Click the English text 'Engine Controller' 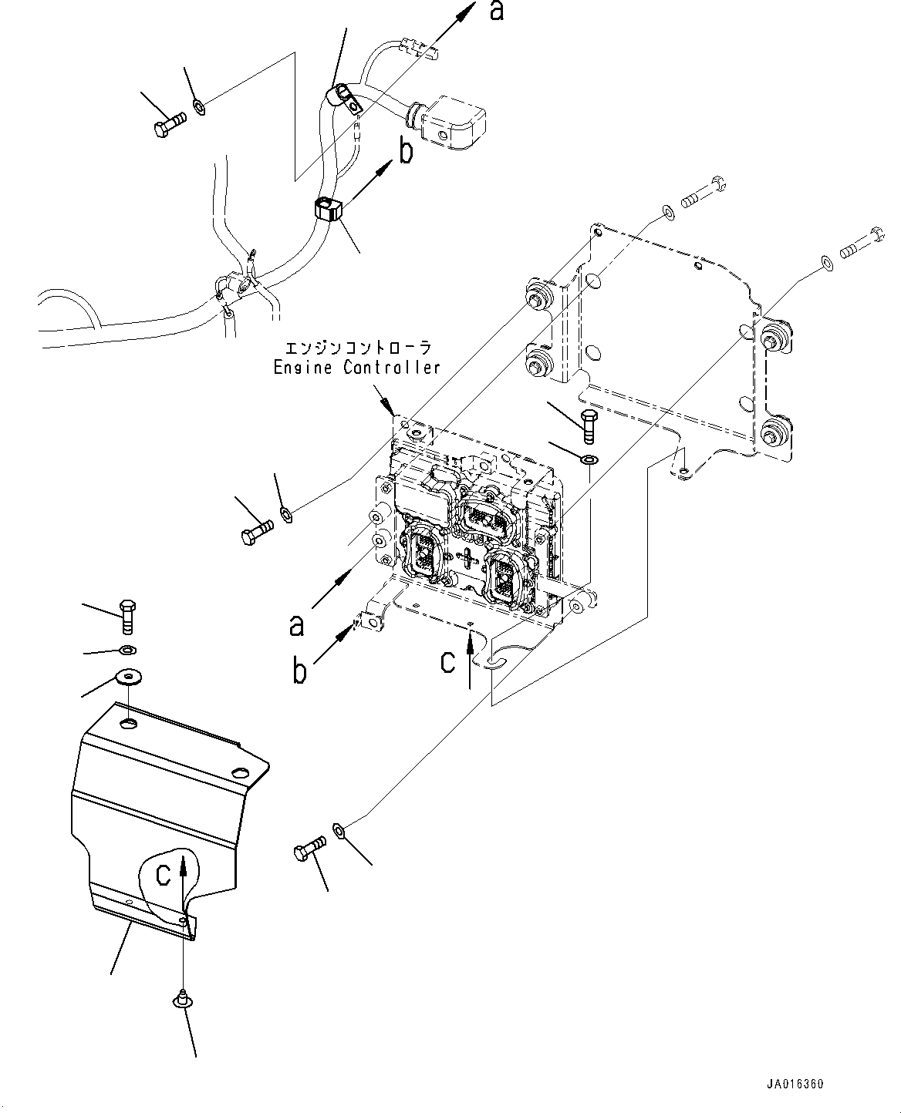[356, 367]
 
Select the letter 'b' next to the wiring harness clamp [404, 152]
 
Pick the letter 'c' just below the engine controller [447, 661]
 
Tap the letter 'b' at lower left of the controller [300, 671]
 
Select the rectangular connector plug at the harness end [453, 126]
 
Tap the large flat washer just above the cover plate [127, 678]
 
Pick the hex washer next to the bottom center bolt [339, 830]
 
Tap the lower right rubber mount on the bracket [771, 434]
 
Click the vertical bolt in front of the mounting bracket [589, 425]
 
